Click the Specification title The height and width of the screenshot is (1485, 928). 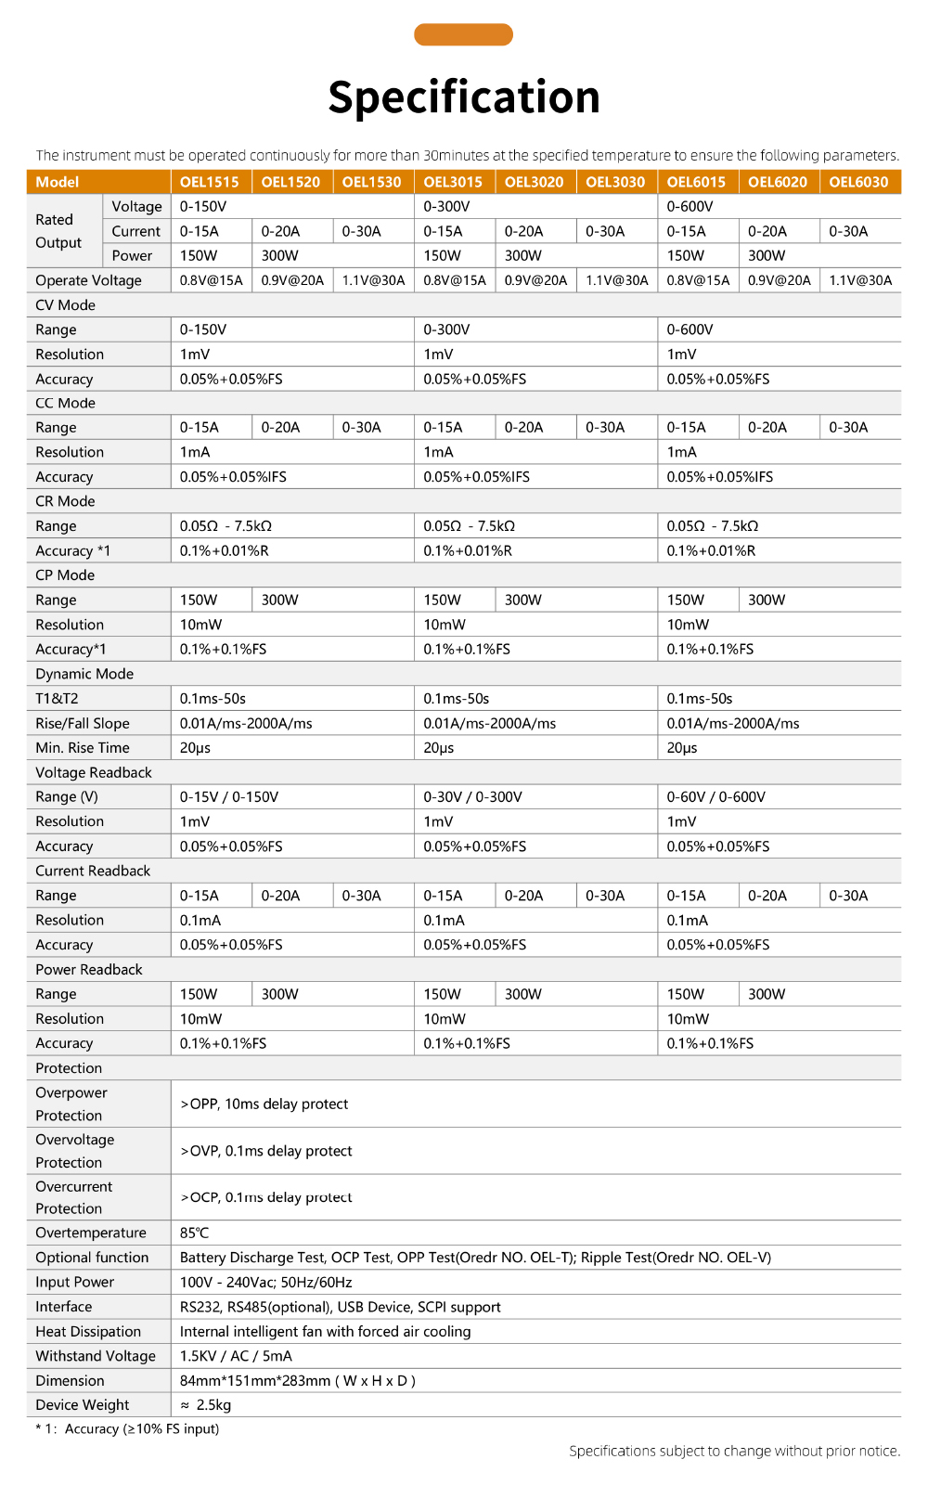(x=464, y=97)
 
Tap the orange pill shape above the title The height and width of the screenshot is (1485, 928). (x=463, y=34)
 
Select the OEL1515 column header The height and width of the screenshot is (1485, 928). (x=210, y=182)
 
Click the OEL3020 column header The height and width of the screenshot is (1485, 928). (x=534, y=182)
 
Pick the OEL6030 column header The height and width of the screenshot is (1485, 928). (x=858, y=182)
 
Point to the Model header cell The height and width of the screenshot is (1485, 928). (x=58, y=182)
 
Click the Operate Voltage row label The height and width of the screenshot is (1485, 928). (x=88, y=280)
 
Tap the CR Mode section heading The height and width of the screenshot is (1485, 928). (x=65, y=501)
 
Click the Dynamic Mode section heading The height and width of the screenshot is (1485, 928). (x=84, y=674)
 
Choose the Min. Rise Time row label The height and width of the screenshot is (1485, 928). (x=83, y=748)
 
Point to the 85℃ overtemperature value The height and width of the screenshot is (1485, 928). (x=195, y=1233)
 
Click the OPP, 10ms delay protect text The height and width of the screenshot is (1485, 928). (x=264, y=1104)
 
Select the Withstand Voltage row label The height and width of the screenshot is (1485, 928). (x=96, y=1356)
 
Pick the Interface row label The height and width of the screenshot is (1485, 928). (x=64, y=1307)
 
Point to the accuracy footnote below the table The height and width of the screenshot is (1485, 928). (x=127, y=1429)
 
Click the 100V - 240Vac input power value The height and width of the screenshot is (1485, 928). (x=266, y=1282)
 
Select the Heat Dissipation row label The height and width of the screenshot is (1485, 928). (x=88, y=1331)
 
